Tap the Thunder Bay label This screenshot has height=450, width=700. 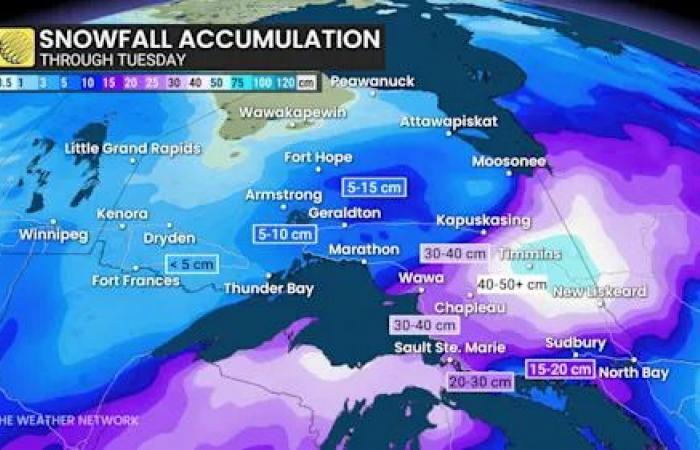pos(268,289)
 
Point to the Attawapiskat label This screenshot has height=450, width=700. pos(448,121)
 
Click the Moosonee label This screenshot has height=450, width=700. pos(508,160)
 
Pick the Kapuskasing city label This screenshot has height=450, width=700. pos(482,220)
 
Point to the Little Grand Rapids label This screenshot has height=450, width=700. pos(132,149)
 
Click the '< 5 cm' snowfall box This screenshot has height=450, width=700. pos(191,263)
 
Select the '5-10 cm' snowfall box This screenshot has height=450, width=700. pos(286,234)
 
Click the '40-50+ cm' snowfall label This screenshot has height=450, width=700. pos(512,284)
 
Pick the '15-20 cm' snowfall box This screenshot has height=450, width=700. pos(561,369)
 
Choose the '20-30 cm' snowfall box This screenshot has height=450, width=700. pos(480,381)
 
